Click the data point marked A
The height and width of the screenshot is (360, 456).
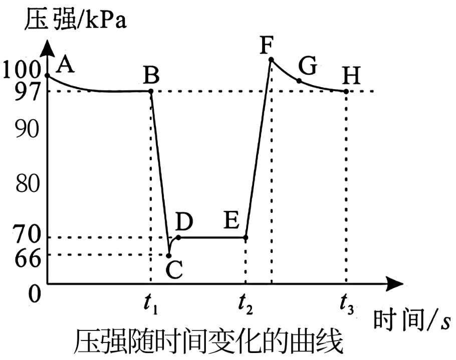point(48,76)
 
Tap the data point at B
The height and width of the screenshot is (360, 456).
point(151,91)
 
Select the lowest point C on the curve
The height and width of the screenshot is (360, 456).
point(169,256)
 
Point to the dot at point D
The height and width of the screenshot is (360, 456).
point(178,237)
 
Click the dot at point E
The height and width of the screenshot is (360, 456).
point(246,237)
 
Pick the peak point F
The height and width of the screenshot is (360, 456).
point(271,60)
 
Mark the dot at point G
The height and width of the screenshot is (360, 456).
point(299,81)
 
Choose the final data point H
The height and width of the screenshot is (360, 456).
point(346,91)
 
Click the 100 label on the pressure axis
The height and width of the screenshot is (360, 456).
point(21,70)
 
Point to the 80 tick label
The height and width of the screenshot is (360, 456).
point(27,183)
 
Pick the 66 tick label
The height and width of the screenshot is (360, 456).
point(27,258)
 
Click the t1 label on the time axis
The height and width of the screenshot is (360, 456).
point(150,305)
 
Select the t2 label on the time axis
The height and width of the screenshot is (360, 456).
point(245,305)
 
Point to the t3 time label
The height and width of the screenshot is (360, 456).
point(347,305)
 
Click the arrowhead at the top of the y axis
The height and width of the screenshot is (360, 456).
point(48,48)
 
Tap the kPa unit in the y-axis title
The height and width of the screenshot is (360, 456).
point(106,20)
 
